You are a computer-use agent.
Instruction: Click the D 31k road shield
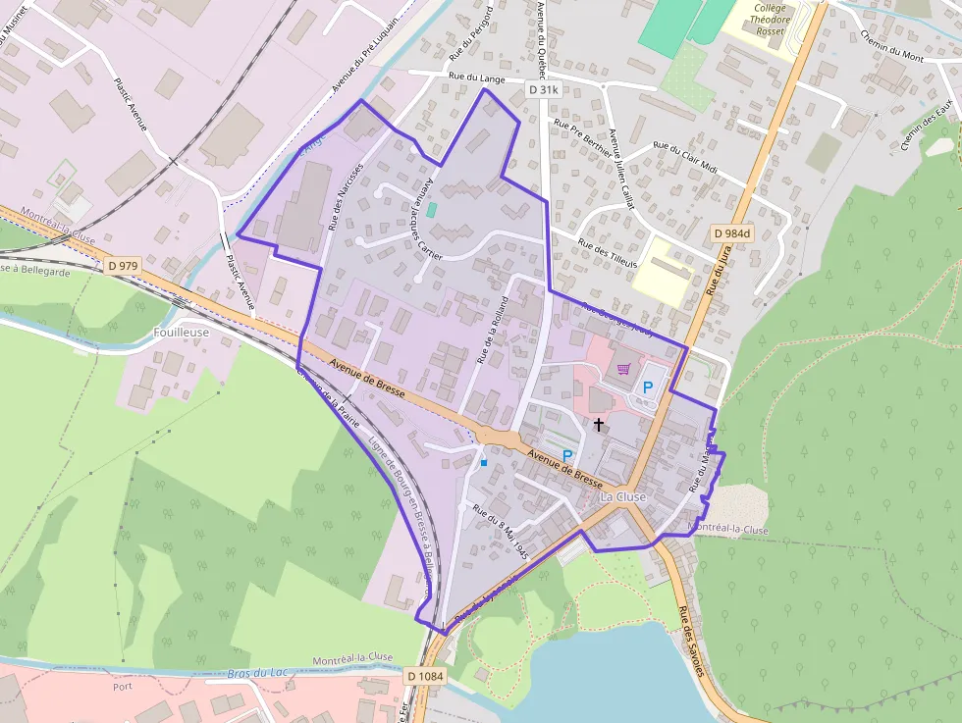point(542,89)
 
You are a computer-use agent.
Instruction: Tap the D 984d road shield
point(731,232)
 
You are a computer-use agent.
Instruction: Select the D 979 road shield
point(125,265)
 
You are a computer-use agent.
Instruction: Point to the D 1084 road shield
point(424,676)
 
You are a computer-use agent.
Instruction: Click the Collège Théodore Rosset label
point(771,18)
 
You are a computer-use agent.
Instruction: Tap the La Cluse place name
point(623,497)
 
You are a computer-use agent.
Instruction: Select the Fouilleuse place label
point(182,333)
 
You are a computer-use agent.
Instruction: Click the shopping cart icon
point(623,370)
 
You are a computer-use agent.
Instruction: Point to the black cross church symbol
point(599,424)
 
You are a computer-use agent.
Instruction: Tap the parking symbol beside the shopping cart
point(647,387)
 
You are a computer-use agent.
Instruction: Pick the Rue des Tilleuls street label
point(608,253)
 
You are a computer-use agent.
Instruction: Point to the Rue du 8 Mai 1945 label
point(501,532)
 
